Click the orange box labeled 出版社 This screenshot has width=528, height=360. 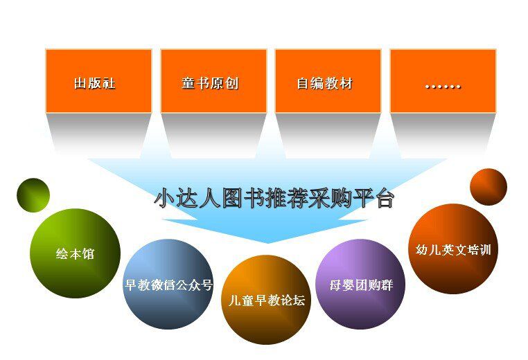click(x=98, y=81)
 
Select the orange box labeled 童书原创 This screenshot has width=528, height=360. click(x=214, y=81)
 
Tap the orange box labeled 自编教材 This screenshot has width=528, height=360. click(x=328, y=81)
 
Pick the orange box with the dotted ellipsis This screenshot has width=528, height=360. click(x=443, y=81)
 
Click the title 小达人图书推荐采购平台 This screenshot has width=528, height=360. click(x=274, y=199)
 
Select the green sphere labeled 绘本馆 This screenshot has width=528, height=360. click(x=75, y=253)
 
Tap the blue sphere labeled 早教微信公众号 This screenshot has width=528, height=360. click(x=168, y=285)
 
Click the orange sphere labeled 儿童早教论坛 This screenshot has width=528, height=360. click(x=266, y=300)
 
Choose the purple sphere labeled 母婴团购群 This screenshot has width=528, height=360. click(x=360, y=285)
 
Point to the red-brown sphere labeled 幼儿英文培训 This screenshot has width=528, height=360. click(x=453, y=249)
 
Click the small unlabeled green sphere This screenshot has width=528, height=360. click(x=33, y=195)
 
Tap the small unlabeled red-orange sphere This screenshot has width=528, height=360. click(x=489, y=187)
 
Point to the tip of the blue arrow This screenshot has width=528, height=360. click(x=267, y=243)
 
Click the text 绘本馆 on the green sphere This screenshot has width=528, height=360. click(x=75, y=253)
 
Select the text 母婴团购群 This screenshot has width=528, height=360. click(x=361, y=285)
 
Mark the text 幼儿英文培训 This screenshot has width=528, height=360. click(x=453, y=250)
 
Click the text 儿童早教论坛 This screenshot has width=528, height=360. click(x=267, y=300)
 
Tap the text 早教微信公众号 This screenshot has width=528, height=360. click(x=168, y=285)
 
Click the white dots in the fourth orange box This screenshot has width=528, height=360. click(x=443, y=87)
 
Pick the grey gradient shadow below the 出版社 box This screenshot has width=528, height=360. click(x=98, y=135)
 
